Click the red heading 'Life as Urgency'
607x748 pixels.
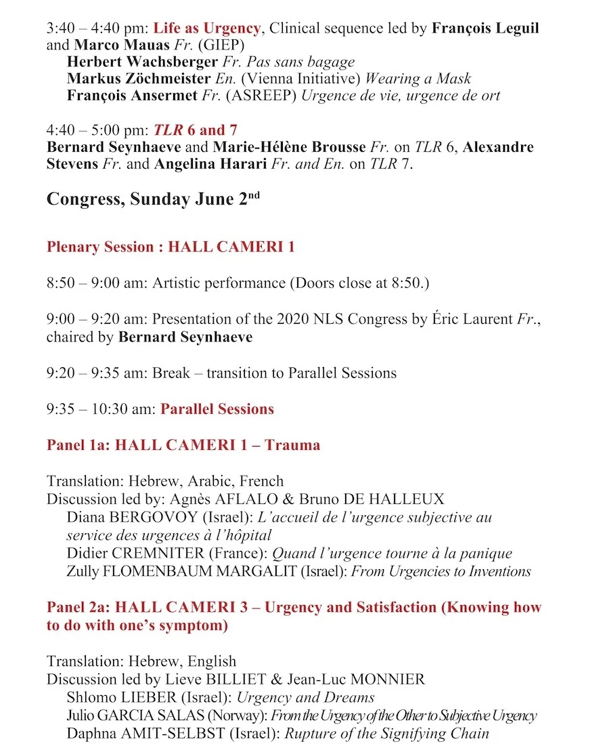pyautogui.click(x=206, y=28)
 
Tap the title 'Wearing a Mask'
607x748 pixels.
pyautogui.click(x=419, y=79)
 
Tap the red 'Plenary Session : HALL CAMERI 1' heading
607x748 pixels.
pyautogui.click(x=171, y=247)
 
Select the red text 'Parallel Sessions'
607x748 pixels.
pyautogui.click(x=217, y=409)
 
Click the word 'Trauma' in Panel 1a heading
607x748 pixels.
pyautogui.click(x=292, y=445)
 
